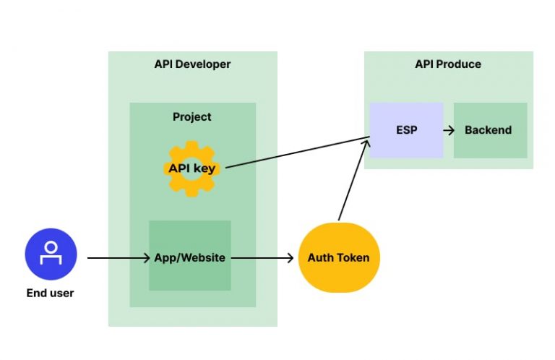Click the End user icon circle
click(x=51, y=254)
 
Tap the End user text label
click(x=51, y=293)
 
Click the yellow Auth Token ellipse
click(x=338, y=257)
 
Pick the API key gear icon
click(x=192, y=169)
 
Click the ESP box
click(x=406, y=130)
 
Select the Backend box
click(x=489, y=130)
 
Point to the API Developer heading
click(x=192, y=64)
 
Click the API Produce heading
click(x=448, y=64)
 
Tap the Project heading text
click(x=192, y=116)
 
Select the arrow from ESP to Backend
click(x=449, y=130)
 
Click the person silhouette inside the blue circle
click(x=51, y=252)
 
